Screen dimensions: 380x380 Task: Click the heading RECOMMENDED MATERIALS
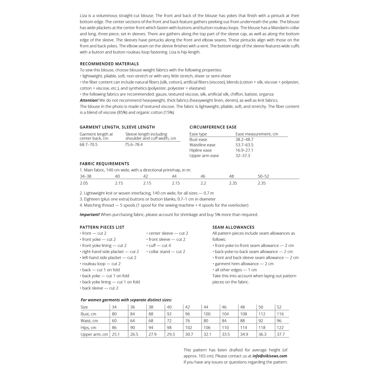pyautogui.click(x=109, y=64)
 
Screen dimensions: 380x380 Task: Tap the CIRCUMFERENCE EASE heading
pyautogui.click(x=213, y=127)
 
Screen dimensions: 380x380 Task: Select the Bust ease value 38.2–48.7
pyautogui.click(x=244, y=140)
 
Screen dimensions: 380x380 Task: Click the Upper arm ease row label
pyautogui.click(x=204, y=156)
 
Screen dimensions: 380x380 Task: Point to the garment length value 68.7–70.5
pyautogui.click(x=89, y=145)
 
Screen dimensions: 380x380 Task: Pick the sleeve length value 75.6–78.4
pyautogui.click(x=134, y=145)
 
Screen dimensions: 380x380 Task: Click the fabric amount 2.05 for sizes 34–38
pyautogui.click(x=84, y=183)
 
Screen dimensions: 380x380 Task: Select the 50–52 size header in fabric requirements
pyautogui.click(x=263, y=176)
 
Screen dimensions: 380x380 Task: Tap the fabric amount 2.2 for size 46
pyautogui.click(x=203, y=183)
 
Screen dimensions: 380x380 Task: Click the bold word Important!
pyautogui.click(x=90, y=215)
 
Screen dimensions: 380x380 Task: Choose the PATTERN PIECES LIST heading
pyautogui.click(x=102, y=227)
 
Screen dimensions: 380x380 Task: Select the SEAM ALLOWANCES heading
pyautogui.click(x=233, y=227)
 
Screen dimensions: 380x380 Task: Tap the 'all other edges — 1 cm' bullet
pyautogui.click(x=236, y=270)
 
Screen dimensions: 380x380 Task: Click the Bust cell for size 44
pyautogui.click(x=207, y=314)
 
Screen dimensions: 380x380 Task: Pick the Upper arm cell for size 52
pyautogui.click(x=281, y=334)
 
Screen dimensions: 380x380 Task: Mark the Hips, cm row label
pyautogui.click(x=89, y=328)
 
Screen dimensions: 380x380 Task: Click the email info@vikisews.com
pyautogui.click(x=270, y=356)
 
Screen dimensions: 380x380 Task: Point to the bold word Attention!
pyautogui.click(x=89, y=100)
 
